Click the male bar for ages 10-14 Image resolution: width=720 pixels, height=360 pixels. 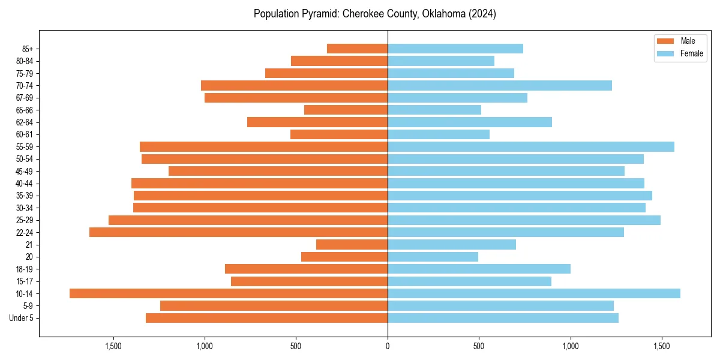229,293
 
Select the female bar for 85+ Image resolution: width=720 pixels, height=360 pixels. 455,49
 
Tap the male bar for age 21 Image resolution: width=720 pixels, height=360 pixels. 352,244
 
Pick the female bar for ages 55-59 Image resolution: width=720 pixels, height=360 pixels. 531,146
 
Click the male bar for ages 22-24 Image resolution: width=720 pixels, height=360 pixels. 238,232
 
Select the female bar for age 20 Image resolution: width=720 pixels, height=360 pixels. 433,257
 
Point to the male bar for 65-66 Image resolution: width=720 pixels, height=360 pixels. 346,110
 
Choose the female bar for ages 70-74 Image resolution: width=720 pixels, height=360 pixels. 500,85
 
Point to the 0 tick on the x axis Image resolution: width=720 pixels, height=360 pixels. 388,346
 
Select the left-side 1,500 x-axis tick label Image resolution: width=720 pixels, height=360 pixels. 113,346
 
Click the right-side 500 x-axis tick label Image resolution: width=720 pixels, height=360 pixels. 479,346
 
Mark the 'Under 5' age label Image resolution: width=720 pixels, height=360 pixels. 22,318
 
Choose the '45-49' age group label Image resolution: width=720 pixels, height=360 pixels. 25,171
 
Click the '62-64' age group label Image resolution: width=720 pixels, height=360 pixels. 25,122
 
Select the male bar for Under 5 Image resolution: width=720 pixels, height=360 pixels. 266,318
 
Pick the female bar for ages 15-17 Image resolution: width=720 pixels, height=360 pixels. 469,281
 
